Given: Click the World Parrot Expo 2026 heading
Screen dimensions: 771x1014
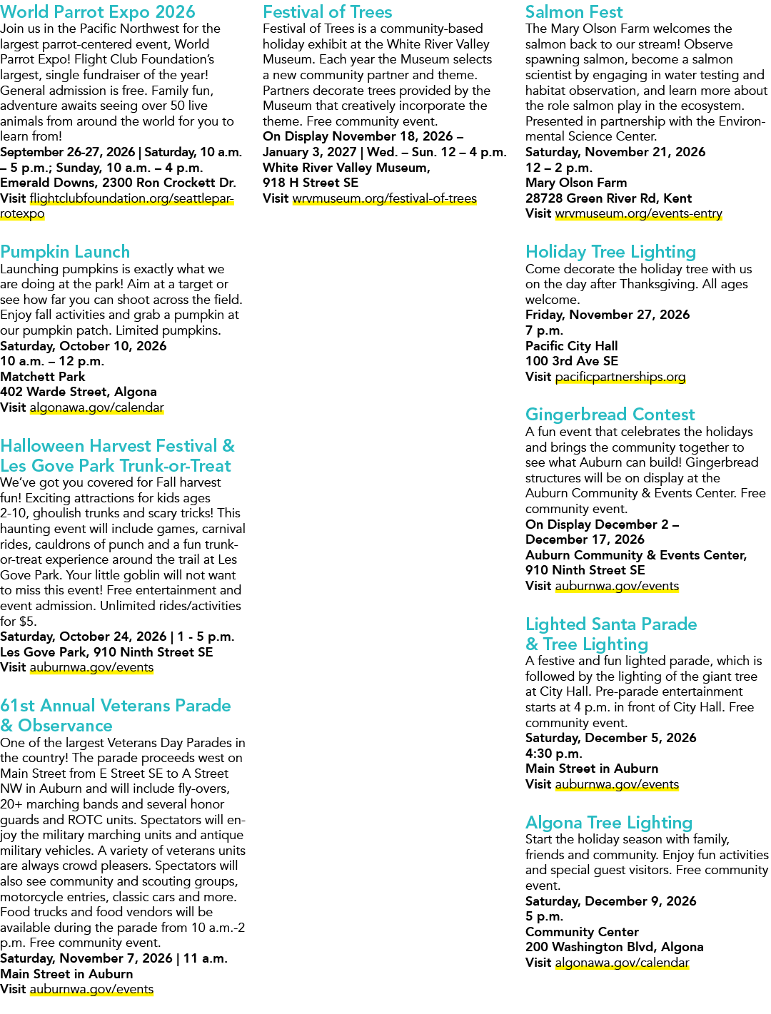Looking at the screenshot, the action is [x=98, y=12].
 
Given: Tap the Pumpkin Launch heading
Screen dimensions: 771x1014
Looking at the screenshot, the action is [x=65, y=252].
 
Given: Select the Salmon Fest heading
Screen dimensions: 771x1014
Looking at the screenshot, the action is [x=574, y=12].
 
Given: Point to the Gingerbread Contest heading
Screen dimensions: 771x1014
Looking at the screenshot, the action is [x=610, y=415].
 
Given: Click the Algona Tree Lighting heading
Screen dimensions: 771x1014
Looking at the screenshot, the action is [x=609, y=822].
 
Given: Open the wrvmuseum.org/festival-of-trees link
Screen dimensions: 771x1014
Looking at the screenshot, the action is [x=384, y=198].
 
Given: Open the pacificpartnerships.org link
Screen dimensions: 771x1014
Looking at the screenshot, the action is [x=620, y=377].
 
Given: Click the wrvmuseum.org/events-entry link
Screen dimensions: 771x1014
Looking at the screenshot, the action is [x=638, y=214].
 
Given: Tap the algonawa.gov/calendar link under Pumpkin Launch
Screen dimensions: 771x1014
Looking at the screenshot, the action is [x=96, y=407].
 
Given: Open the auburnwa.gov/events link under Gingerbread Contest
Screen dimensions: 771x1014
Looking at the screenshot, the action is [x=617, y=586].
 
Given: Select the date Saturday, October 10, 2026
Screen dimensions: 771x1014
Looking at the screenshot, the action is [x=83, y=346].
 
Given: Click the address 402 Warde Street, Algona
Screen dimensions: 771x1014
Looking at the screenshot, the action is [x=78, y=392].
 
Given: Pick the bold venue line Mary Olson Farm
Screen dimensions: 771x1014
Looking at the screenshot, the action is [x=576, y=183].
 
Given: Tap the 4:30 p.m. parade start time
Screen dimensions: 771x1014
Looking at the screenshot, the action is [x=553, y=754].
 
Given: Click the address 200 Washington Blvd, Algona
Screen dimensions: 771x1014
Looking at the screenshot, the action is [x=615, y=947].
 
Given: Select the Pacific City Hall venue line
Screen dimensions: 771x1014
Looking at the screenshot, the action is [x=571, y=346].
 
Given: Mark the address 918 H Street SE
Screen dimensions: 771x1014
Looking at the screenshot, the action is [x=311, y=183].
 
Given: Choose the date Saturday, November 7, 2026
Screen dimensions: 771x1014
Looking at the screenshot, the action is [x=86, y=958].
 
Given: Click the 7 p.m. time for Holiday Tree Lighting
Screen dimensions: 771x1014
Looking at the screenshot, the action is [x=544, y=331].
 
